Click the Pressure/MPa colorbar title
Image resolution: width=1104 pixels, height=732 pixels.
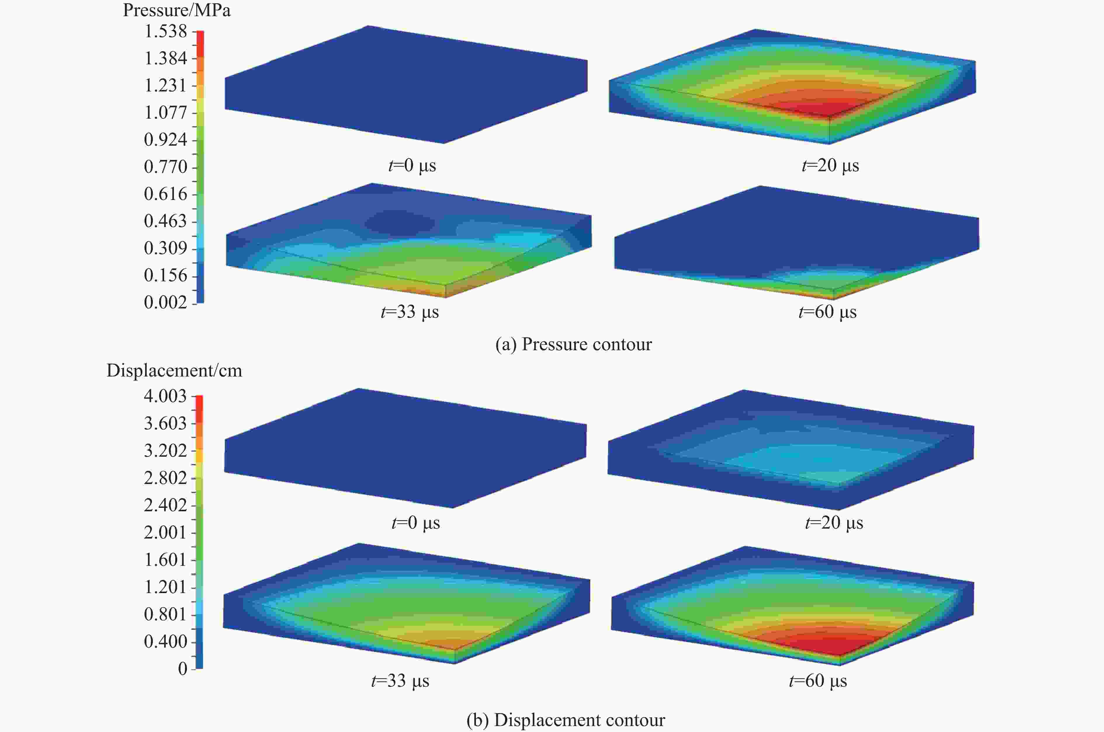[177, 10]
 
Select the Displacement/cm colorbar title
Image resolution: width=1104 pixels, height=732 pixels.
[174, 371]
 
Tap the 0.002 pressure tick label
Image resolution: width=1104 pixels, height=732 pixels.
[165, 302]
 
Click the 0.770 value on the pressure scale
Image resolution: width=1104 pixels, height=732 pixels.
[165, 167]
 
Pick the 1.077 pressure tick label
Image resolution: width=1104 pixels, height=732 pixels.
[165, 112]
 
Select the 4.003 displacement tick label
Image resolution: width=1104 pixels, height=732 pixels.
[165, 396]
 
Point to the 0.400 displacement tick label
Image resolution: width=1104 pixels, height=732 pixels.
[165, 642]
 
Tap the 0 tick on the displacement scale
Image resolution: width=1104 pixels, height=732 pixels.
[183, 668]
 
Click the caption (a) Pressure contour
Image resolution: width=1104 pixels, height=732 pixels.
[573, 344]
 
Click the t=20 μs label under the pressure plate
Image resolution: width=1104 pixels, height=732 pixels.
[830, 166]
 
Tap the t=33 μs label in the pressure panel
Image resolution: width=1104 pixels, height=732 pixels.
[410, 312]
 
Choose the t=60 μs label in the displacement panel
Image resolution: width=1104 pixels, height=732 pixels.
[818, 681]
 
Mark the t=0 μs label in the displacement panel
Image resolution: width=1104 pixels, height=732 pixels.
[416, 522]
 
